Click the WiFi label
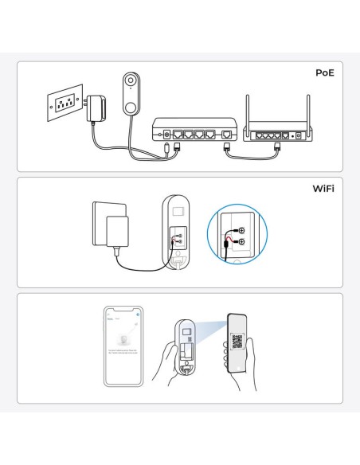click(x=321, y=190)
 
